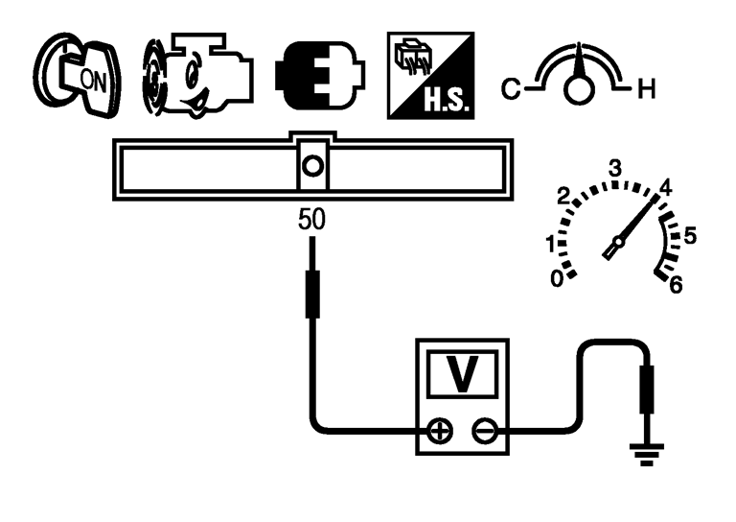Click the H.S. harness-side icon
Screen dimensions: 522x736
pyautogui.click(x=430, y=76)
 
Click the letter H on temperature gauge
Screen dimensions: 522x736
pyautogui.click(x=647, y=92)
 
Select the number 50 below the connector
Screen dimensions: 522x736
pyautogui.click(x=311, y=220)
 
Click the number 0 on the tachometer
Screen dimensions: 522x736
pyautogui.click(x=557, y=279)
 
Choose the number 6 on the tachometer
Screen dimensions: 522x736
pyautogui.click(x=677, y=284)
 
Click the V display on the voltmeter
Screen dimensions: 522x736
pyautogui.click(x=463, y=374)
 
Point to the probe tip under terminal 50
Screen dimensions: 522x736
pyautogui.click(x=311, y=293)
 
